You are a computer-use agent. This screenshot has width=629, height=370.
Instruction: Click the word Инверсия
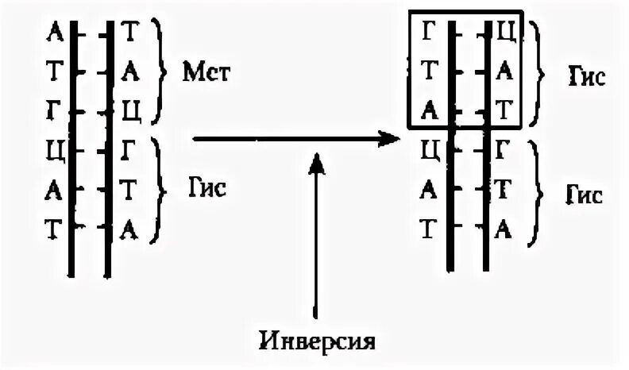[316, 342]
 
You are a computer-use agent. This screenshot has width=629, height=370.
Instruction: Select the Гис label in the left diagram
[206, 188]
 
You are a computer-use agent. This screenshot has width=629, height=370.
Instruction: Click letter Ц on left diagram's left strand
[54, 149]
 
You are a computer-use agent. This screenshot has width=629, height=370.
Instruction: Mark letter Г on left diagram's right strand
[130, 149]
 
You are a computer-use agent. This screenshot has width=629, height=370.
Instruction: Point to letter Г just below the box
[503, 149]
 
